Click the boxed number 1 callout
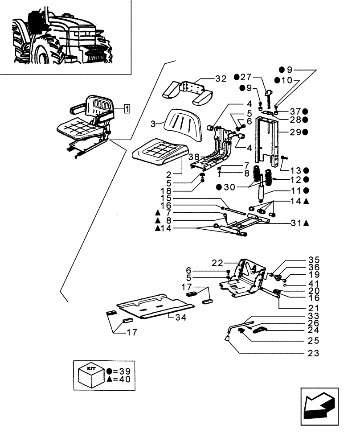(127, 108)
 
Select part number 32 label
(221, 79)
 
